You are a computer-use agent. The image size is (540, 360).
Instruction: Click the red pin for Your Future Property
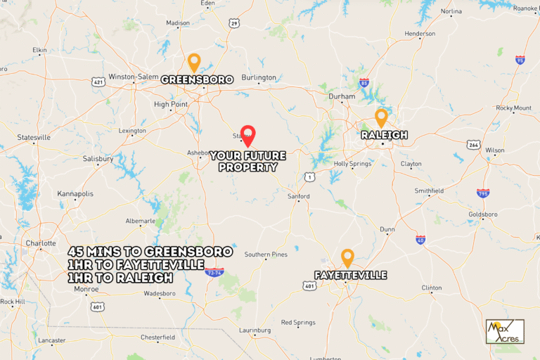click(x=247, y=134)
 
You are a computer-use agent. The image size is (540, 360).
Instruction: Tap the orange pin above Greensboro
click(x=193, y=61)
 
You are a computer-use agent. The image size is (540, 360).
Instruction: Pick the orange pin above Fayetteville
click(x=347, y=257)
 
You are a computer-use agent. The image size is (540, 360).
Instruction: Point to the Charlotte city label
click(x=40, y=244)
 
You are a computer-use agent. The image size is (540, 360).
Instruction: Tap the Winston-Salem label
click(x=134, y=77)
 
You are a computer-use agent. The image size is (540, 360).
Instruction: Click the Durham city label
click(x=342, y=96)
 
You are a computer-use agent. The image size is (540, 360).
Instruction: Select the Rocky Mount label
click(x=513, y=108)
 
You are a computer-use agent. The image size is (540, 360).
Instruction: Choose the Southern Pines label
click(x=266, y=254)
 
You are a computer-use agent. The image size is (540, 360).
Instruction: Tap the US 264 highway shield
click(x=474, y=145)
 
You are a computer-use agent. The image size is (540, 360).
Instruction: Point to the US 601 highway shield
click(x=97, y=306)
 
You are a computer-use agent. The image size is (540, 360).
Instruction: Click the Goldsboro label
click(x=483, y=214)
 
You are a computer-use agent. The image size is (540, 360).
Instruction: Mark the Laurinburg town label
click(x=255, y=330)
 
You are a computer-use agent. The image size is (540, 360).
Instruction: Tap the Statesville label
click(x=34, y=137)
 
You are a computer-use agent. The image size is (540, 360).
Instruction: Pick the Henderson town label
click(x=420, y=34)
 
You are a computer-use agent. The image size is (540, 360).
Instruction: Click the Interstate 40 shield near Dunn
click(x=420, y=240)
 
